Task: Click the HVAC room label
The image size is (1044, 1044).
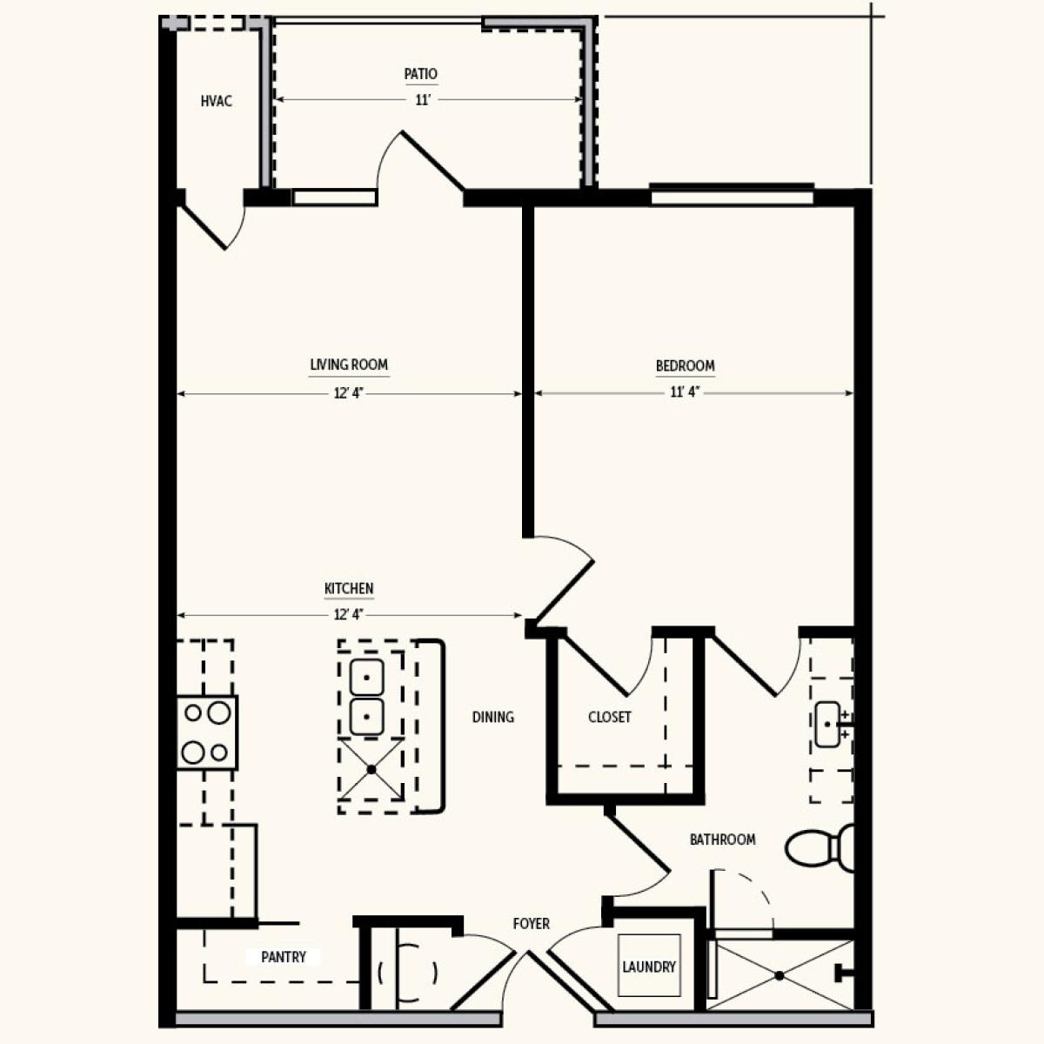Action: coord(216,101)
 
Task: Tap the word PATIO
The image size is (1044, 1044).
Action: coord(421,74)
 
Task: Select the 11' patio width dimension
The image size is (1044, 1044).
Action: coord(423,100)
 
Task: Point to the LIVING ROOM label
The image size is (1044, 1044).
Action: coord(349,365)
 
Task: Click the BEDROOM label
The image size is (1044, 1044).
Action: coord(685,365)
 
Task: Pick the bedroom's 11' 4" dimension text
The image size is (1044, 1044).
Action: coord(686,391)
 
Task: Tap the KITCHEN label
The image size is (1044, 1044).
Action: coord(349,588)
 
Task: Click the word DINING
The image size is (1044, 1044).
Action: coord(493,717)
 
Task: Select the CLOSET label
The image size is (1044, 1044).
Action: coord(610,717)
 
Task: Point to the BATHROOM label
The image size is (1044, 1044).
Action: coord(723,840)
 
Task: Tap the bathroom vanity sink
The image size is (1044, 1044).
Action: coord(828,725)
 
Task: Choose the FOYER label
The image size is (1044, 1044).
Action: coord(532,923)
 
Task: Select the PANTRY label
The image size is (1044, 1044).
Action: coord(284,957)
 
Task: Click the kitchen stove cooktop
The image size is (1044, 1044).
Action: coord(207,733)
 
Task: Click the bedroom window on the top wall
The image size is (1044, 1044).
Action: coord(732,194)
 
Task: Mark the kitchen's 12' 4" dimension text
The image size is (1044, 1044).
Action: coord(349,614)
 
